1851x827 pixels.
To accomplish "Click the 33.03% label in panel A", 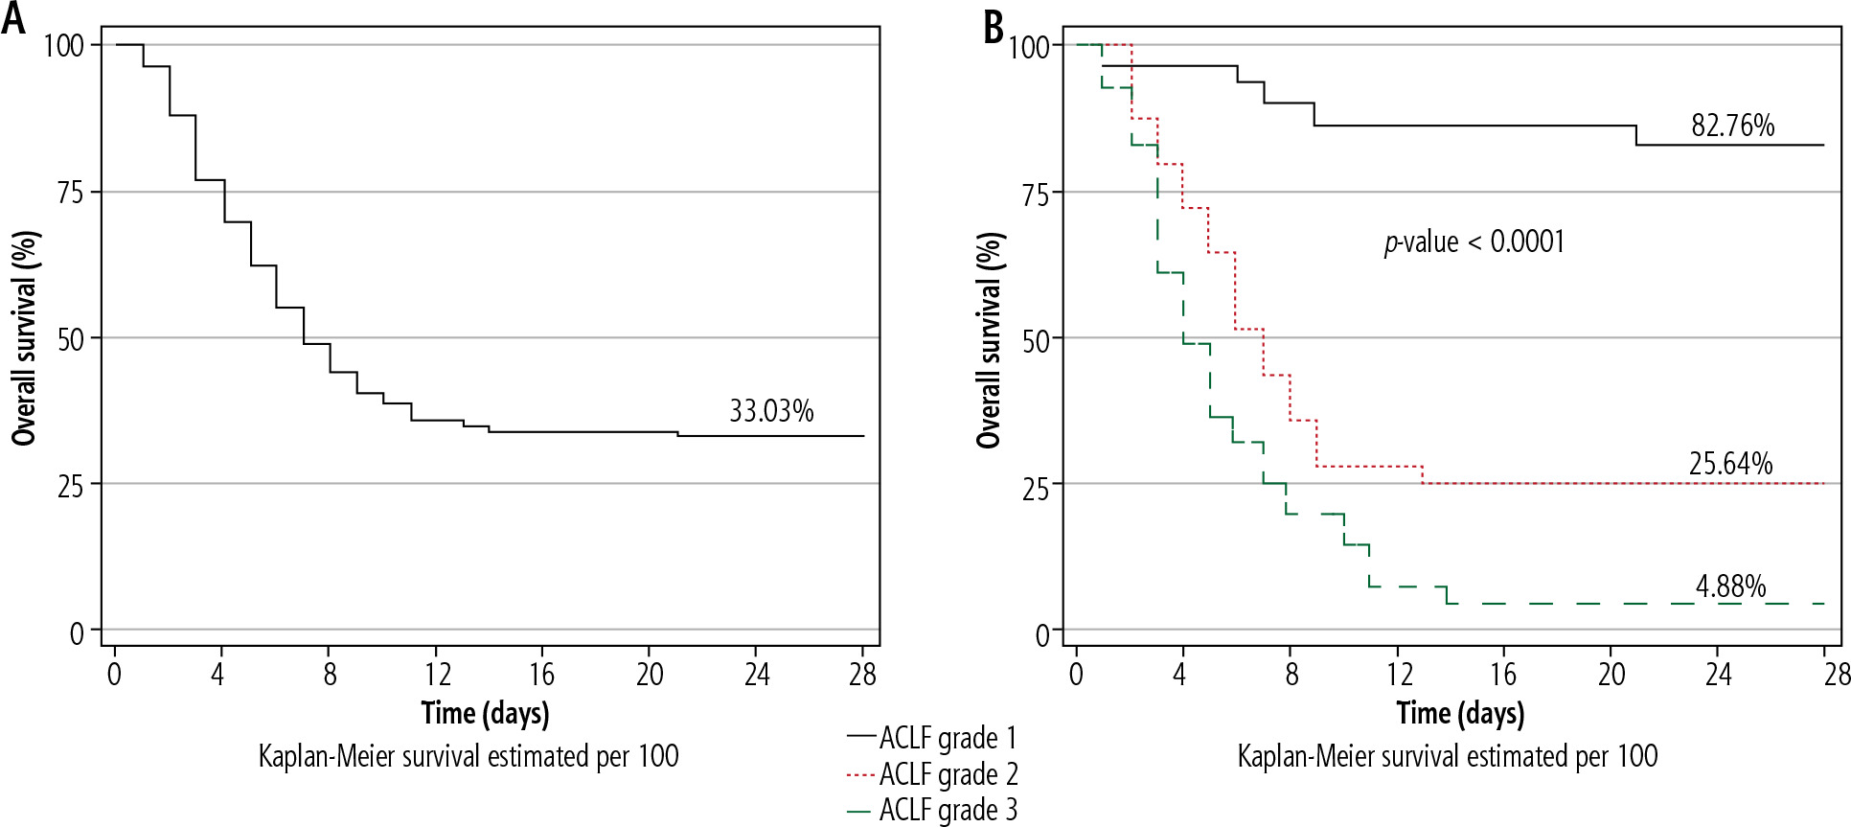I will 771,411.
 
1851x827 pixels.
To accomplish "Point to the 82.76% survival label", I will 1732,126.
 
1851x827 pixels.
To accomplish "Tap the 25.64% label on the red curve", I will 1730,464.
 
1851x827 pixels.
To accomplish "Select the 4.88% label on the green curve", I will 1730,586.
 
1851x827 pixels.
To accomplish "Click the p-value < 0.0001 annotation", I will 1474,241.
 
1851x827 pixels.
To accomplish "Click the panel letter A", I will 13,19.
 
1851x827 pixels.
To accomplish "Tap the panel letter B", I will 994,26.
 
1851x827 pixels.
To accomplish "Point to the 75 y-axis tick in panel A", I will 71,193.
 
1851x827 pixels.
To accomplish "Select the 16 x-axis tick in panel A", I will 542,675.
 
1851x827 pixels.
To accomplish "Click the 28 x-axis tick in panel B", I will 1836,675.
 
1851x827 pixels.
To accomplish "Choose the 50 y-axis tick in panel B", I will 1036,340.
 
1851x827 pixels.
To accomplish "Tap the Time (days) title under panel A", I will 485,713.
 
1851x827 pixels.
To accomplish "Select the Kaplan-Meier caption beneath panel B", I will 1447,756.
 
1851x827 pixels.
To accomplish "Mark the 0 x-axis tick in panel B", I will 1076,675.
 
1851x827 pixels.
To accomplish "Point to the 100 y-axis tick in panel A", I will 63,46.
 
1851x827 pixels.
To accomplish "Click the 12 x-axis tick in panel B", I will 1399,675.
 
